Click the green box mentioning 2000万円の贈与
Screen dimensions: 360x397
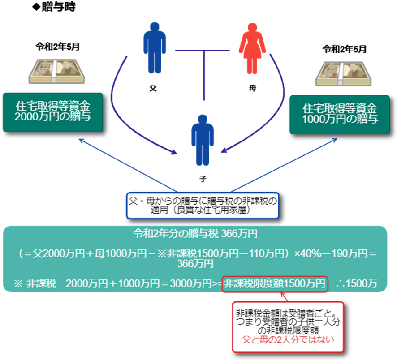[52, 112]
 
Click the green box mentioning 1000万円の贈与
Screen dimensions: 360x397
[339, 114]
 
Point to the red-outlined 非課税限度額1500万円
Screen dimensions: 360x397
[275, 283]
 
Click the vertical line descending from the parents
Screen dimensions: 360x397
[204, 76]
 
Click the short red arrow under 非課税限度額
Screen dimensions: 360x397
[284, 297]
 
